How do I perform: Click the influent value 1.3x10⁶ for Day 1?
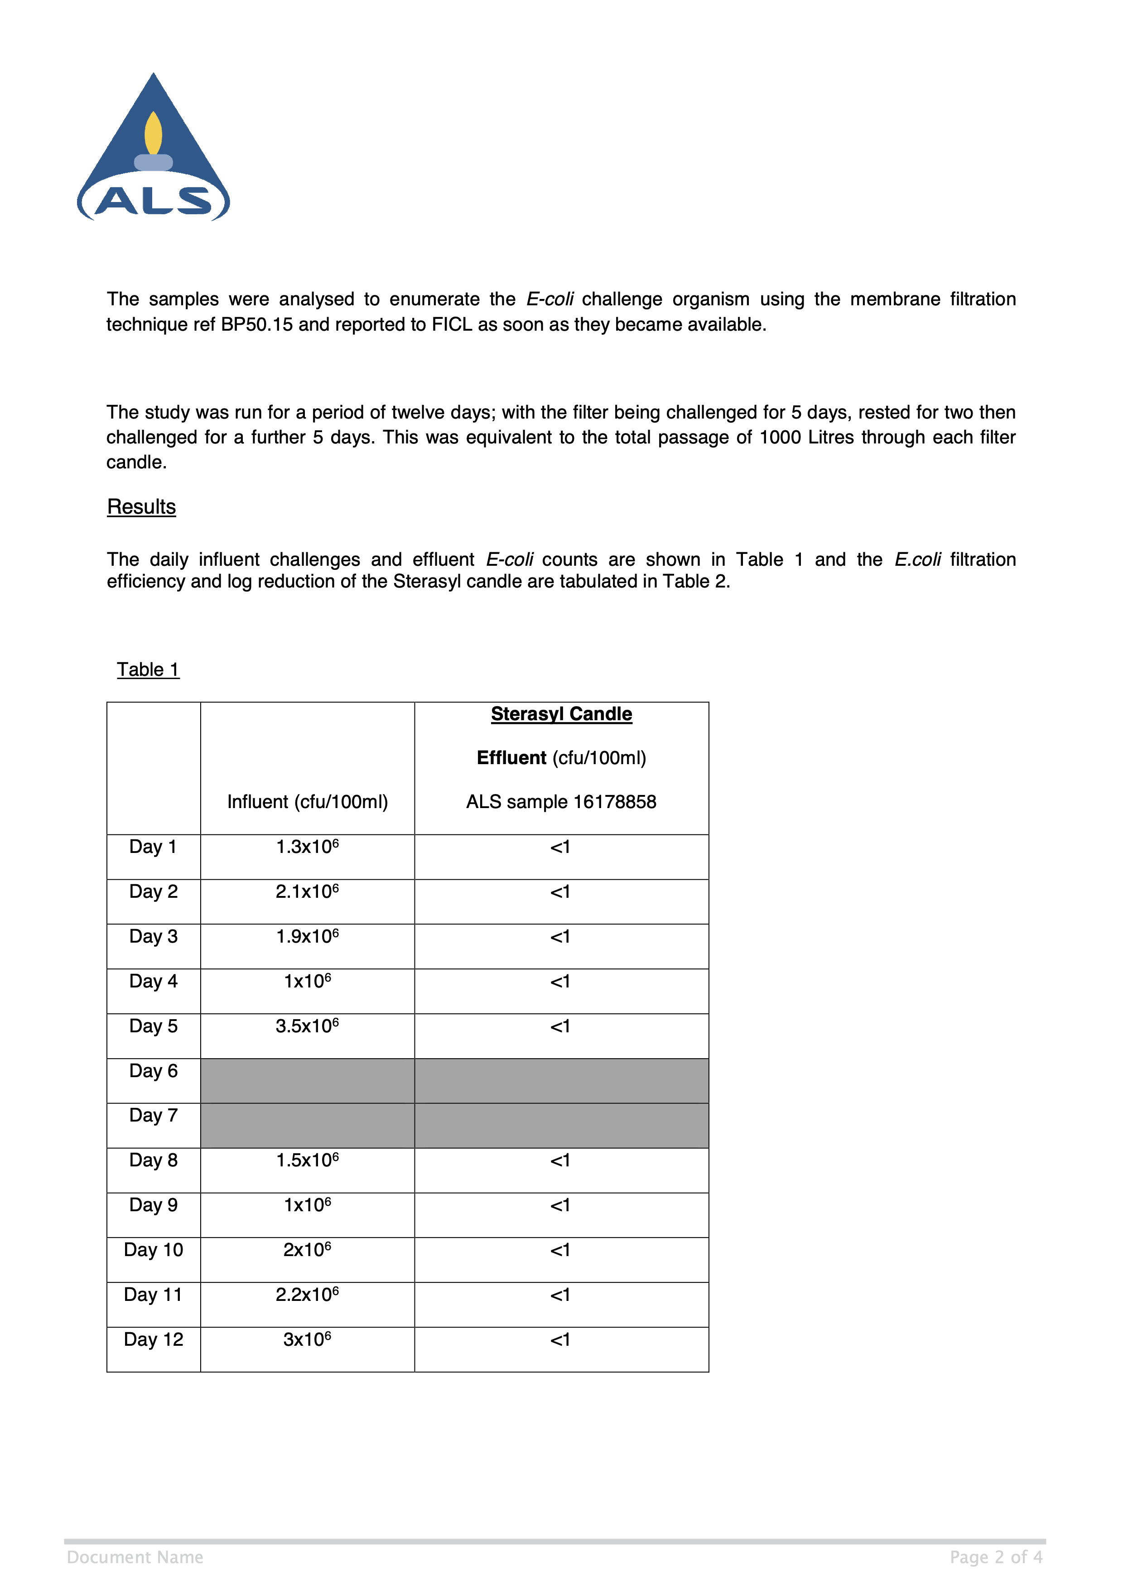[x=307, y=847]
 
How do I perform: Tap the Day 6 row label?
[x=153, y=1071]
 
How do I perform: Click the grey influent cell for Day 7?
[x=307, y=1125]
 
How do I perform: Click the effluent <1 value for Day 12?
[x=560, y=1340]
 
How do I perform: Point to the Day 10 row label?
[x=153, y=1249]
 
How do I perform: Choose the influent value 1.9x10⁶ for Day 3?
[x=307, y=936]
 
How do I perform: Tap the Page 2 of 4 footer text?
[x=995, y=1557]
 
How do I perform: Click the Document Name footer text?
[x=135, y=1557]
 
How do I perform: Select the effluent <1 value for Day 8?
[x=560, y=1160]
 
